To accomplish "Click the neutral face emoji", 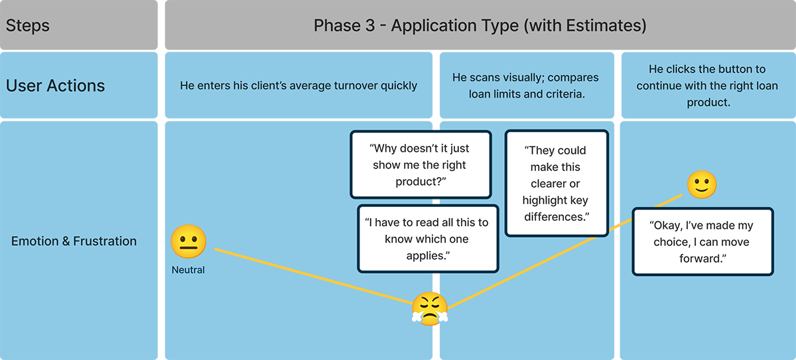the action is [x=188, y=241].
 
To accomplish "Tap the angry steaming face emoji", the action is [x=430, y=308].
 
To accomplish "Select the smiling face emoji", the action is [x=702, y=184].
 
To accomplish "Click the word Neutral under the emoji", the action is [x=188, y=270].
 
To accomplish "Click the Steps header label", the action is [x=28, y=26].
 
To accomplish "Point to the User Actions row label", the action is [x=56, y=86].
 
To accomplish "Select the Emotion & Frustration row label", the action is [x=74, y=241].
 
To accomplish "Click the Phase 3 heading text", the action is [x=480, y=26].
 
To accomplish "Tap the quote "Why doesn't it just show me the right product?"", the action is [x=420, y=164].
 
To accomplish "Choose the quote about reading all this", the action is [x=427, y=239].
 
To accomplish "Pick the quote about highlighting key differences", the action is [x=555, y=184].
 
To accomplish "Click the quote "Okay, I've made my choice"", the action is [x=702, y=242].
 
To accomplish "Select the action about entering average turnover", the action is [x=298, y=86].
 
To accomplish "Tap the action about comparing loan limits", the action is [x=526, y=86].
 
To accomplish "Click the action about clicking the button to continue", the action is [x=707, y=86].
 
